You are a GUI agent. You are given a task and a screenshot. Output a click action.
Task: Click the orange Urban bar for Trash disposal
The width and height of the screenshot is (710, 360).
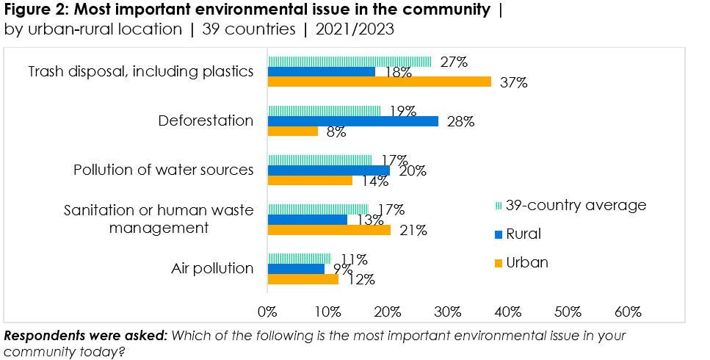[x=379, y=82]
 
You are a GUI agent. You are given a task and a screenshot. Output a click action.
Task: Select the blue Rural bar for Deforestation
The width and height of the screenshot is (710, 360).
[x=352, y=121]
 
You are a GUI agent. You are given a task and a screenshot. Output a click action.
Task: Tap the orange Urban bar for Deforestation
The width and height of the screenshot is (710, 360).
[x=293, y=131]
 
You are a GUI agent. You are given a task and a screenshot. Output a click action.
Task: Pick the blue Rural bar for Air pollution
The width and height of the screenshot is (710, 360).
[x=296, y=269]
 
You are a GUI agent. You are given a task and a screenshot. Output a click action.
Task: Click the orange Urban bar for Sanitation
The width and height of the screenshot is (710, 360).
[x=329, y=229]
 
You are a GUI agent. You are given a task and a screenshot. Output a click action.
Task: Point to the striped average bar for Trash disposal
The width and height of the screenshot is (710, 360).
[x=349, y=62]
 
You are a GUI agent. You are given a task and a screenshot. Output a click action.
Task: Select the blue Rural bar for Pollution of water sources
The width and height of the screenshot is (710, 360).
[x=328, y=170]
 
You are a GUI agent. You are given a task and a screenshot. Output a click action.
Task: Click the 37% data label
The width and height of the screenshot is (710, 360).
[x=513, y=82]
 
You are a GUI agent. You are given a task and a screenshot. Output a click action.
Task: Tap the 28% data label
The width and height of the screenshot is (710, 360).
[x=460, y=122]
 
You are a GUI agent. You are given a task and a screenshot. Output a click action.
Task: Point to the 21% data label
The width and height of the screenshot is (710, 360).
[x=413, y=230]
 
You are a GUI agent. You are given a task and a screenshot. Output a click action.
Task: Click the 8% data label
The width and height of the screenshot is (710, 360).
[x=336, y=133]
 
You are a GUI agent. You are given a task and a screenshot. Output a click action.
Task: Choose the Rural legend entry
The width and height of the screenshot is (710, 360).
[x=524, y=234]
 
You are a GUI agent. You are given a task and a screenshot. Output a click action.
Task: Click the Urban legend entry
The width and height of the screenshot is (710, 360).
[x=527, y=262]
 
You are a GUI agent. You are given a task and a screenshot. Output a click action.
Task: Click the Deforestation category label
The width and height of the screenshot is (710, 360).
[x=206, y=121]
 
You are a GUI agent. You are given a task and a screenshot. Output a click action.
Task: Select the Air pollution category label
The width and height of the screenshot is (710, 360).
[x=212, y=268]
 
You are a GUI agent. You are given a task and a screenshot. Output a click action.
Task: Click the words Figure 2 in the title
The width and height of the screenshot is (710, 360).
[x=32, y=10]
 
